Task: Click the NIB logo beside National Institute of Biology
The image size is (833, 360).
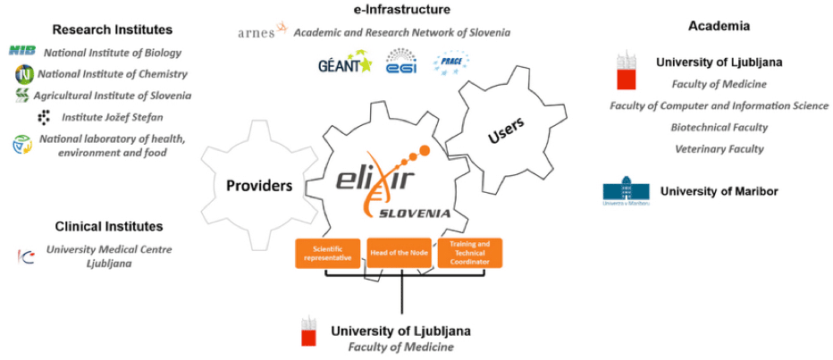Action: pos(22,52)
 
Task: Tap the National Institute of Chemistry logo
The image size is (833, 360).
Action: pos(22,73)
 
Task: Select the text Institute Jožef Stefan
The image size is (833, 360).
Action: pos(112,117)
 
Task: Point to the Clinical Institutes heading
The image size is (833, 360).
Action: pos(109,227)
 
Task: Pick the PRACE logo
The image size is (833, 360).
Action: pos(451,63)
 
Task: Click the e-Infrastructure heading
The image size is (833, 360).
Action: pos(401,10)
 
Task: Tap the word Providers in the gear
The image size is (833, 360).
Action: pos(259,186)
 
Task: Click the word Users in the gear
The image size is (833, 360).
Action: pos(507,130)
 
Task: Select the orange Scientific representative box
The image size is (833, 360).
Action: pos(327,254)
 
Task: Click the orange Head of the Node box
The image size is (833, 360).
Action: pos(399,254)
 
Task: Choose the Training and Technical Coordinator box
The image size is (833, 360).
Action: pos(469,254)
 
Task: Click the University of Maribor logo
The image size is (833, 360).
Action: pos(627,192)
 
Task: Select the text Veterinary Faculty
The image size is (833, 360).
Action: pos(719,149)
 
